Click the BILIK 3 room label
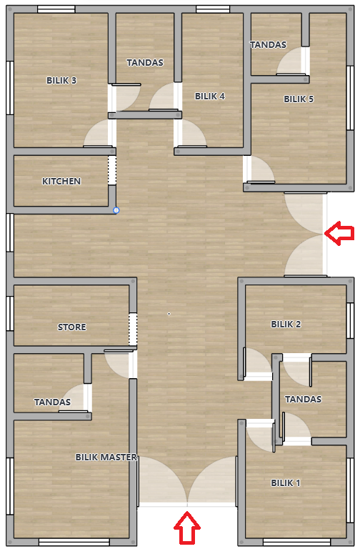[x=61, y=81]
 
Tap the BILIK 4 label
[x=210, y=96]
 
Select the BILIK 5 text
[x=299, y=99]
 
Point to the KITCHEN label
[x=61, y=182]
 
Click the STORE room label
[x=72, y=327]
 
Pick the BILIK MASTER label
[x=106, y=457]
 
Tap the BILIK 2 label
[x=286, y=325]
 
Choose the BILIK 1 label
[x=286, y=483]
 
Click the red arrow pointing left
[x=339, y=233]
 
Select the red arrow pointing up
[x=187, y=528]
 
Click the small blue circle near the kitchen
[x=116, y=211]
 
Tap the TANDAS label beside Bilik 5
[x=269, y=45]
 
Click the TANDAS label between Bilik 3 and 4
[x=145, y=63]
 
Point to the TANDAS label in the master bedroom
[x=52, y=402]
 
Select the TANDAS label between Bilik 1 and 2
[x=303, y=400]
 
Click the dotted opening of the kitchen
[x=112, y=170]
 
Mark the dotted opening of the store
[x=133, y=330]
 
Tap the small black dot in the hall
[x=169, y=313]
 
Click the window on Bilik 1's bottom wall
[x=296, y=542]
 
